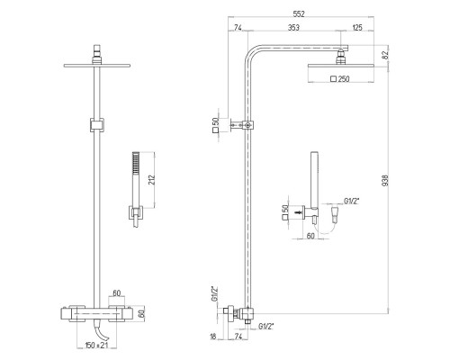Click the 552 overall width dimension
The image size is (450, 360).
[x=299, y=13]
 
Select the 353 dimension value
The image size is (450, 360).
[x=293, y=27]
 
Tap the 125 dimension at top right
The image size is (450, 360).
[x=357, y=27]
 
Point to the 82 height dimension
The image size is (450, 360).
[x=385, y=54]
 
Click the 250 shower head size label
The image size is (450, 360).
[x=344, y=79]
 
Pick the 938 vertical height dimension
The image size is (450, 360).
[x=385, y=180]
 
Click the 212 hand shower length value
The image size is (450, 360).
[x=152, y=180]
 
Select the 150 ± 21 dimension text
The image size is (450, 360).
[x=95, y=346]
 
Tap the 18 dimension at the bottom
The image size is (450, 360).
[x=213, y=337]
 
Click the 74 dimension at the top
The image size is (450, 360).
[x=238, y=27]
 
